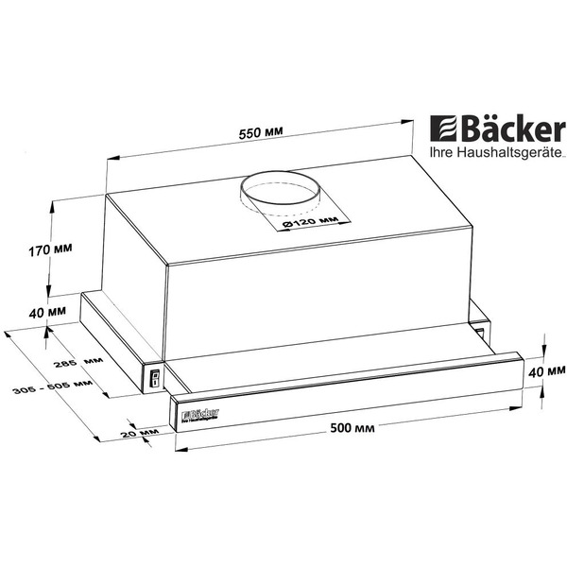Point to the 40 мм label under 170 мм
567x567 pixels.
pos(47,312)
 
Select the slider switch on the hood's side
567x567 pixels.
pos(153,381)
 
